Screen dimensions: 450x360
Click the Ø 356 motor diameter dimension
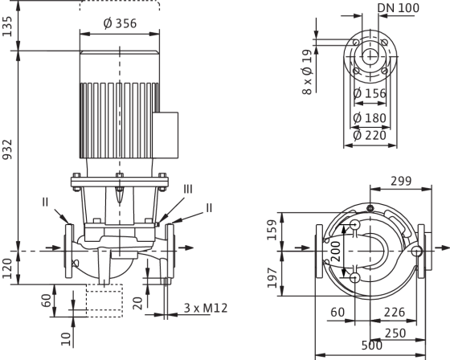coord(120,23)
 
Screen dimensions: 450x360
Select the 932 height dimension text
coord(7,149)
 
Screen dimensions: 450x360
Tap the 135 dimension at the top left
coord(7,27)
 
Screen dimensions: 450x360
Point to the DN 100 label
coord(399,8)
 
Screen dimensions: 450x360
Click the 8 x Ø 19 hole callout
coord(307,72)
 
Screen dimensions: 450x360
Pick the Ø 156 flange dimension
coord(370,93)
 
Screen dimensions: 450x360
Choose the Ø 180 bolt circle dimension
coord(370,118)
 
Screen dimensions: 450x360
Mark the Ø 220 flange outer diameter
coord(370,136)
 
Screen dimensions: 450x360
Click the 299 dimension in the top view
coord(401,181)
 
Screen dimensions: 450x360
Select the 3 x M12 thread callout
coord(206,308)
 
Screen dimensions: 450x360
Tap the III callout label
coord(188,190)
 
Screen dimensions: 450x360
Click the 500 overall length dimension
coord(372,346)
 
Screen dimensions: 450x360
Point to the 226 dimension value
coord(395,312)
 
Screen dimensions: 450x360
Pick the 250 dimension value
coord(395,333)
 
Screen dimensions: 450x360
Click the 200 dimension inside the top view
coord(336,252)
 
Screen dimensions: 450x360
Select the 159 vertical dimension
coord(272,230)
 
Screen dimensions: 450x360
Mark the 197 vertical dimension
coord(272,278)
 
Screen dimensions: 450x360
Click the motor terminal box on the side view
coord(166,135)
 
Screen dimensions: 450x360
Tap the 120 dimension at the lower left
coord(7,268)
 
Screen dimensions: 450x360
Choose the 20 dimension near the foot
coord(138,303)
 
